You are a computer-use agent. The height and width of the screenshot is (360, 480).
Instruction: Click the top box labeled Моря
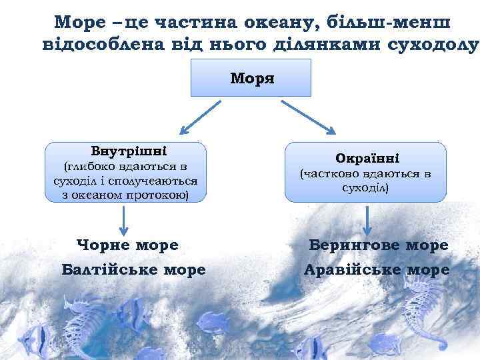252,78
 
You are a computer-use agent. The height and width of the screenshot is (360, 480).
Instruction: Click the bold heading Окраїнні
367,159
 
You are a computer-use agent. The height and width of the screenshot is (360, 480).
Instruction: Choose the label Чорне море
128,245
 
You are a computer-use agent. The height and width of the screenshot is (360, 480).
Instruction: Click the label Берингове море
379,245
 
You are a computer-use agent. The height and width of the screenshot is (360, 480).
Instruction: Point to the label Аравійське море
376,270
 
